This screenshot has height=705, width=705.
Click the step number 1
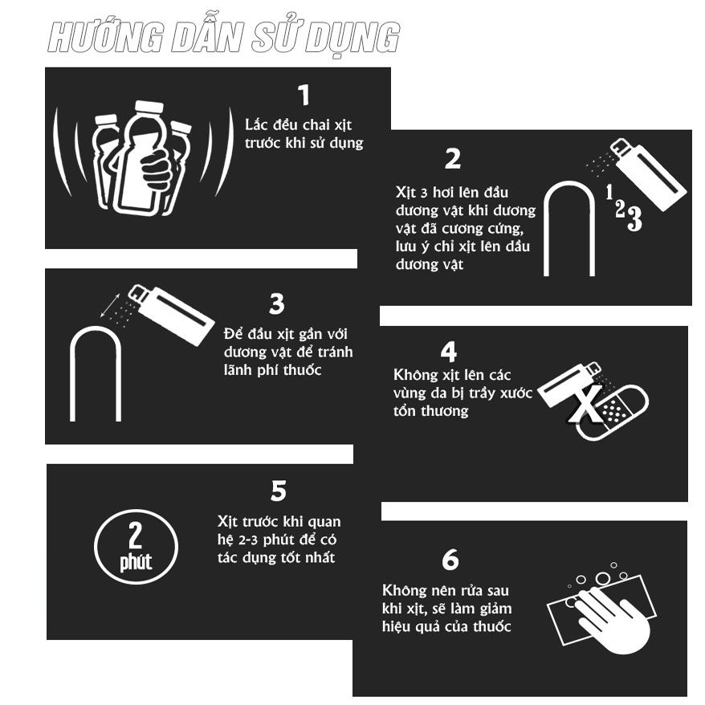pyautogui.click(x=304, y=95)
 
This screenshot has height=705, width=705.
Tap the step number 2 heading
pyautogui.click(x=453, y=159)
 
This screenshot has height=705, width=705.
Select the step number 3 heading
pyautogui.click(x=277, y=304)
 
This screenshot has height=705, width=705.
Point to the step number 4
pyautogui.click(x=448, y=352)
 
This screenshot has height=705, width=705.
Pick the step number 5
pyautogui.click(x=279, y=491)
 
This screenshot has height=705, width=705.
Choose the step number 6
pyautogui.click(x=450, y=560)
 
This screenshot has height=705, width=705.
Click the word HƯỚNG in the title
pyautogui.click(x=106, y=37)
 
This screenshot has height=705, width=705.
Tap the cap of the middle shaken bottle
pyautogui.click(x=149, y=107)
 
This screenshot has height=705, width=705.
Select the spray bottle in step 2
pyautogui.click(x=648, y=174)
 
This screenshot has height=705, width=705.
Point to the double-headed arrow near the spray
pyautogui.click(x=110, y=305)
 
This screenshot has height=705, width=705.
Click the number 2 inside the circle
pyautogui.click(x=135, y=535)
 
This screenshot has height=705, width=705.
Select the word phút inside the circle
pyautogui.click(x=136, y=562)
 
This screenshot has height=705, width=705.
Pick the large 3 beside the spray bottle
pyautogui.click(x=634, y=218)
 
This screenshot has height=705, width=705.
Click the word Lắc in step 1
pyautogui.click(x=256, y=124)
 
